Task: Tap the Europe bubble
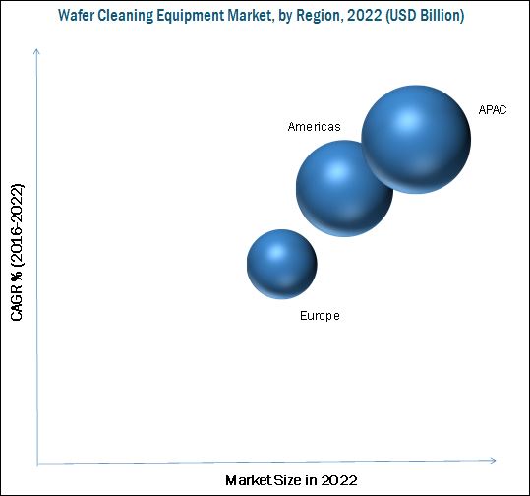281,264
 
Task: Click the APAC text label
493,109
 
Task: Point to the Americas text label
314,127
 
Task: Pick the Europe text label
320,316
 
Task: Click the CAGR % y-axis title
18,251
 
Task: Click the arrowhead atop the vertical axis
37,48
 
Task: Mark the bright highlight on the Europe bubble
274,252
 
